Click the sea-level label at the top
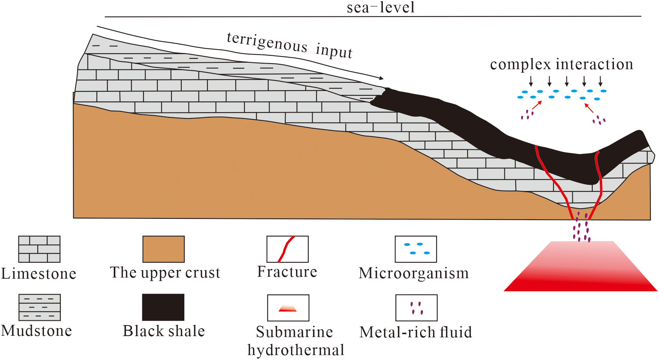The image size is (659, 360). pos(380,7)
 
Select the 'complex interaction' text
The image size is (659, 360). pos(561,64)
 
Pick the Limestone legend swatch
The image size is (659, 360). pos(39,249)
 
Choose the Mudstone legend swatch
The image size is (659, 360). pos(40,307)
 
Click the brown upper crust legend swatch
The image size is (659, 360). pos(164,249)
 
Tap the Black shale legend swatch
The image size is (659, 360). pos(163,307)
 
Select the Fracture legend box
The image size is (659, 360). pos(288,249)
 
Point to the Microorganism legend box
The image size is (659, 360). pos(416,249)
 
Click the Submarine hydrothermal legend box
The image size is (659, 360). pos(288,308)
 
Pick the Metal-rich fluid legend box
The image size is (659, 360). pos(416,308)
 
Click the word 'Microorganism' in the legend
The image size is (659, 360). pos(414,273)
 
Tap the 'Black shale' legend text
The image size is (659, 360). pos(164,331)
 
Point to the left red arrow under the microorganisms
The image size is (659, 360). pos(537,105)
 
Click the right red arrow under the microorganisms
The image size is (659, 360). pos(589,108)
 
